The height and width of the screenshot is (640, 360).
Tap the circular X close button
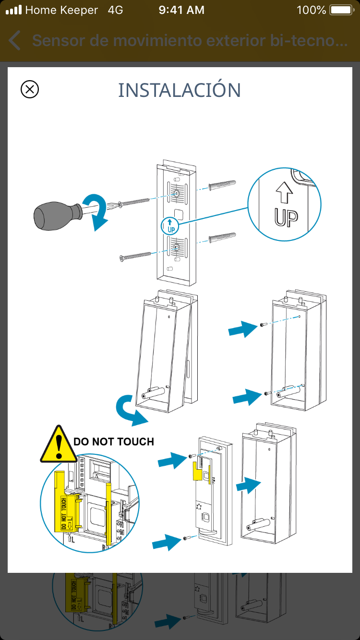coord(30,89)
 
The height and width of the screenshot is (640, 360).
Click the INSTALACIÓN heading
coord(180,90)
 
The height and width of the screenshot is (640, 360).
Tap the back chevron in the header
coord(15,41)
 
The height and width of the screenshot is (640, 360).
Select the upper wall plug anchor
coord(223,186)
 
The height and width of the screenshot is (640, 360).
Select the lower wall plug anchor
coord(223,237)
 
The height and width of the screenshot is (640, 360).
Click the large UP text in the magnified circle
coord(286,216)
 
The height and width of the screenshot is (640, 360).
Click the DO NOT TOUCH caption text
coord(114,441)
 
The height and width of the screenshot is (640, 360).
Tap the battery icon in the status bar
coord(341,10)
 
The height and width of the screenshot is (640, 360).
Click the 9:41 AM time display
coord(181,10)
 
